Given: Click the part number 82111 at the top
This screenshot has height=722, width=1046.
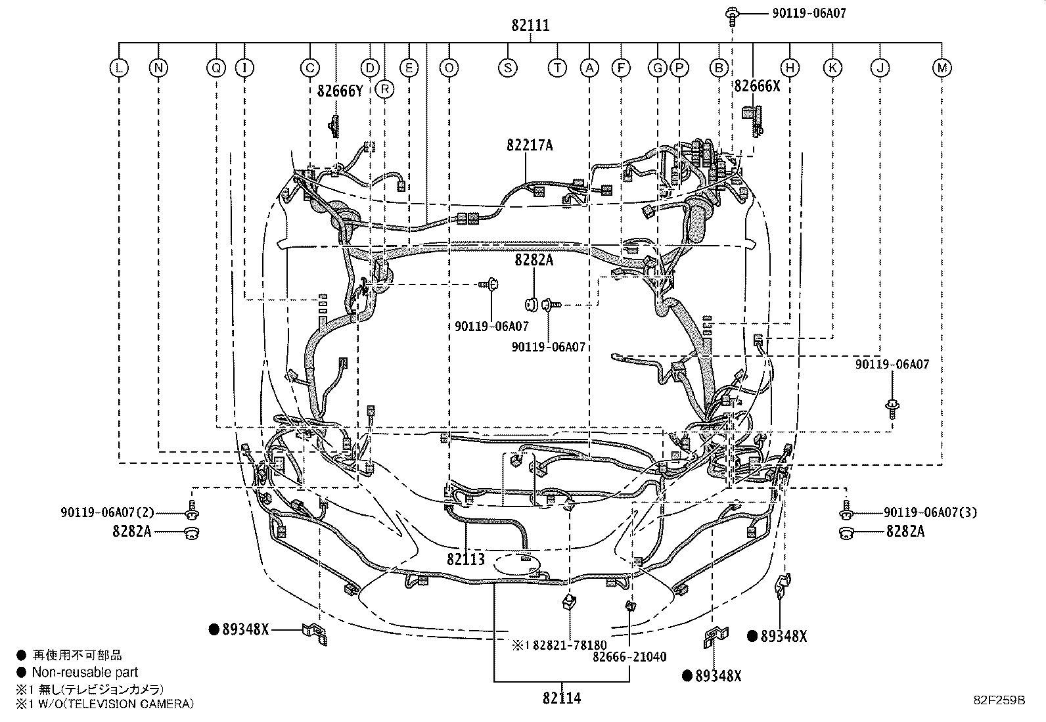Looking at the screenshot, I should (x=530, y=26).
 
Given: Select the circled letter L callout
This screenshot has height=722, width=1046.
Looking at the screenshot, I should (x=118, y=67).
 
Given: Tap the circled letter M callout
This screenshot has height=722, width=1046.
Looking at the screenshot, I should (x=942, y=67).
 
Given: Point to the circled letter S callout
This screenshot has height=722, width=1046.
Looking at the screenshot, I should (x=507, y=67).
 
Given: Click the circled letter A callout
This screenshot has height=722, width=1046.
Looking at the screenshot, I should (x=589, y=67).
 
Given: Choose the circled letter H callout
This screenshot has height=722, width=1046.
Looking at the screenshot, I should (x=789, y=67).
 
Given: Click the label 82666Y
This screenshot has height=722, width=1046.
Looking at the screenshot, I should (x=340, y=91).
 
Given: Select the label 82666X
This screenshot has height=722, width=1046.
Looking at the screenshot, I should (x=757, y=85).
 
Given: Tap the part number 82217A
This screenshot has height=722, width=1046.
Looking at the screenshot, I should (x=530, y=145).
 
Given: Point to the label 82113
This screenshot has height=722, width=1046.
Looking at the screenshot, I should (x=466, y=559).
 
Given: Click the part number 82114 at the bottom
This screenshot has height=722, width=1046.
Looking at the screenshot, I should (x=562, y=698).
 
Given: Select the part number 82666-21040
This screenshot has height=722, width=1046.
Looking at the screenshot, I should (x=629, y=656).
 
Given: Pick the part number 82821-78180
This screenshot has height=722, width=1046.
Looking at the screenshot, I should (x=569, y=645).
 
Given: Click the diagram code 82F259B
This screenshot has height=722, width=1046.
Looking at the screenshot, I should (x=999, y=700).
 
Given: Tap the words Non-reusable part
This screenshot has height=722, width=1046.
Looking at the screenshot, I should (x=85, y=672).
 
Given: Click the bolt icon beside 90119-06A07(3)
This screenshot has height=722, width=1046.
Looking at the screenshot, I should (x=846, y=513).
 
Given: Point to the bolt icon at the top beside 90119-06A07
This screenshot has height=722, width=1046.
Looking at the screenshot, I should (x=731, y=14).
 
